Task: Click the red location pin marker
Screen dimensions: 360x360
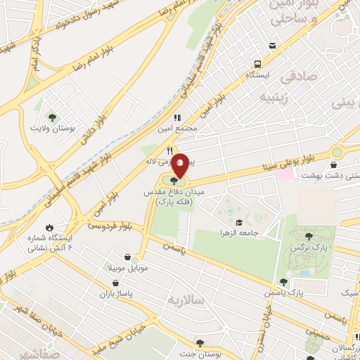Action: coord(181,164)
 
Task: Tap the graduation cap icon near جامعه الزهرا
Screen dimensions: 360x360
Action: coord(240,220)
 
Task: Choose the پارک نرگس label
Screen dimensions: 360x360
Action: coord(307,248)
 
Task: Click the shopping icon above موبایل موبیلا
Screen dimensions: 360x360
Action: coord(127,257)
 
